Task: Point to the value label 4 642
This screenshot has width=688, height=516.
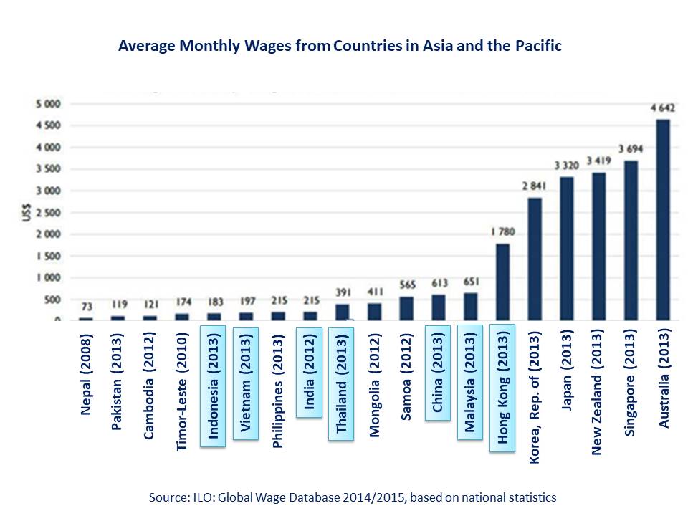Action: point(663,108)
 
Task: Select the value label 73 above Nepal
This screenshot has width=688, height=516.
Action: point(87,307)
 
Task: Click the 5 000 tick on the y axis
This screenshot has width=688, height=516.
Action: point(50,105)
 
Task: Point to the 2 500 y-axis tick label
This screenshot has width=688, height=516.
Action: point(50,213)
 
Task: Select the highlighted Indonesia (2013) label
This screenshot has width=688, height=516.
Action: point(214,385)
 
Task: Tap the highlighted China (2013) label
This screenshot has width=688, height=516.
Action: point(437,373)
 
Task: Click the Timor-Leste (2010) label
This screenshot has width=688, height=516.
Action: point(182,390)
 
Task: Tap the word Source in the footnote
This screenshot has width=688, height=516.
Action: point(166,497)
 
